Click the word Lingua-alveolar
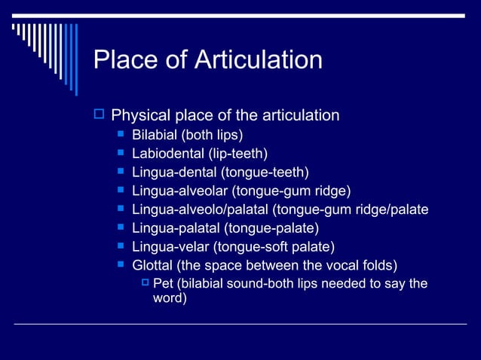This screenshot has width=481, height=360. (x=178, y=191)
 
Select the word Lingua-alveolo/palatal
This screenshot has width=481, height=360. (x=200, y=209)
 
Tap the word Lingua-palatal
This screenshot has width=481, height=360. (x=173, y=227)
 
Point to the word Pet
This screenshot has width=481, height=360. (x=163, y=283)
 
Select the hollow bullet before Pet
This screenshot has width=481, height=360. (x=146, y=283)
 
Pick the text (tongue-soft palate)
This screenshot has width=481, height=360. (x=274, y=246)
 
